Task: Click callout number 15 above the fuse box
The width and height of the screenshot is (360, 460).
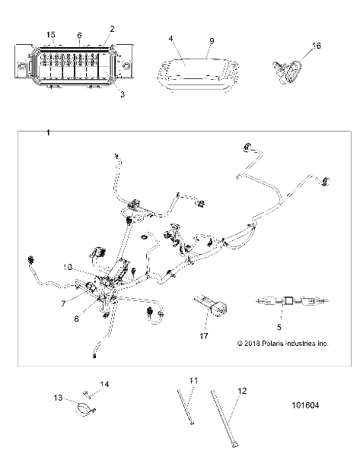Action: point(51,35)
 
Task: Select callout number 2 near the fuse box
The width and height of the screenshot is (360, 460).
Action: point(112,29)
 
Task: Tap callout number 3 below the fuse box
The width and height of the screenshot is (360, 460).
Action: point(123,94)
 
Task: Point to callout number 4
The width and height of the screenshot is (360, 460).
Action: point(171,39)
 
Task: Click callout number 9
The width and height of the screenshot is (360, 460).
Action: point(212,41)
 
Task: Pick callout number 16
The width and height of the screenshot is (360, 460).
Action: point(317,46)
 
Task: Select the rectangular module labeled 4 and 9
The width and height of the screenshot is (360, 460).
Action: point(197,75)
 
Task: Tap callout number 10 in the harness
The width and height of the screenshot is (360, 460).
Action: point(68,268)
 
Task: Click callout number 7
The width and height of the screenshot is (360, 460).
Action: point(63,303)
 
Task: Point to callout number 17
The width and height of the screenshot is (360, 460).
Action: point(204,336)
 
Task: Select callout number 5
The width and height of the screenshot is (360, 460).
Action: point(279,327)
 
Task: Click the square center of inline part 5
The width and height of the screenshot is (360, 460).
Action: point(288,301)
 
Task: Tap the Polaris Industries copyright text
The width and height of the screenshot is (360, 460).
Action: point(282,343)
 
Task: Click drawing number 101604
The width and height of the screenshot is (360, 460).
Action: point(305,405)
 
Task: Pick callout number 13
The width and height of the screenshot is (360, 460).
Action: point(58,398)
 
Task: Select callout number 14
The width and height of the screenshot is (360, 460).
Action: point(104,384)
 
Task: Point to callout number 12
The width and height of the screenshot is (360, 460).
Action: point(242,391)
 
